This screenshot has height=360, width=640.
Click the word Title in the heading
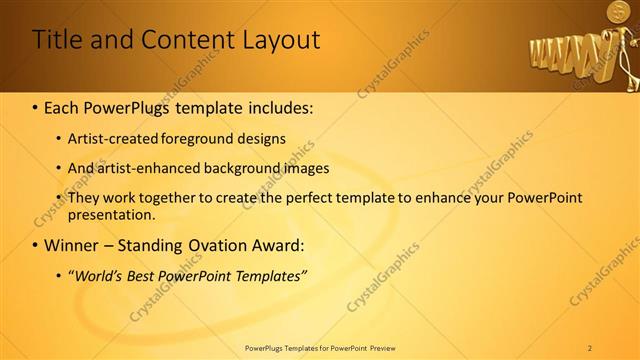coord(58,39)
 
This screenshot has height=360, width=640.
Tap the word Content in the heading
coord(175,39)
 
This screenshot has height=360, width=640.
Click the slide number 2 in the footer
coord(590,348)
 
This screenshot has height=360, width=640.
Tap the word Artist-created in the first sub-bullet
coord(108,139)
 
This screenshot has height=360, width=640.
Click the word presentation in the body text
coord(112,214)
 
